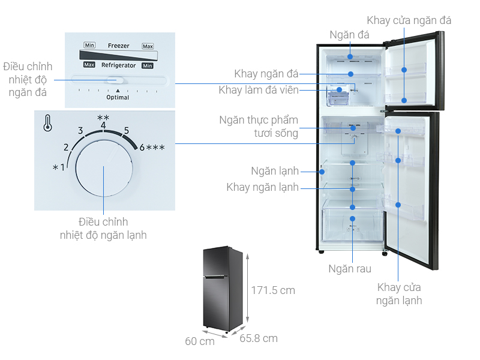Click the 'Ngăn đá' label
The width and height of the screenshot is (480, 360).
coord(349,35)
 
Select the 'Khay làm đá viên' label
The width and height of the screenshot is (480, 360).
coord(258,91)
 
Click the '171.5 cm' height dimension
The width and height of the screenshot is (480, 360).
coord(273,290)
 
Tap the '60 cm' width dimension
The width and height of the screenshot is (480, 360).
coord(199,341)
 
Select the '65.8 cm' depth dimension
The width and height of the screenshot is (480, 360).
coord(259,338)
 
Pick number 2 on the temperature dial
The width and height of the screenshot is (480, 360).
coord(67,148)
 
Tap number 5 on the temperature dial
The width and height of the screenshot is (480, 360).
coord(127,130)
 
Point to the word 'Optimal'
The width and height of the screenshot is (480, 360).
coord(118,97)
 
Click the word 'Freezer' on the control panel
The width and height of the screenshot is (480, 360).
coord(118,46)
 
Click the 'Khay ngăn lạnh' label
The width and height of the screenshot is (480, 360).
coord(262,188)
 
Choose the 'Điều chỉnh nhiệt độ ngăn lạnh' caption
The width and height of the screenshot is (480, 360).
coord(103,229)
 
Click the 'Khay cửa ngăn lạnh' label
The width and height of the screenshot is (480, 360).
coord(399,294)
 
